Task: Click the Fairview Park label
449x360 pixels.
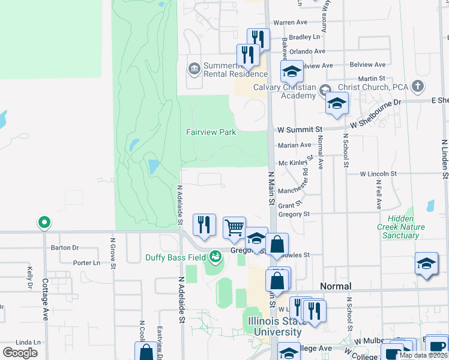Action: coord(211,132)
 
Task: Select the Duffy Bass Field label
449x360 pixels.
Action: coord(175,258)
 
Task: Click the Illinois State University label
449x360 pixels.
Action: coord(276,327)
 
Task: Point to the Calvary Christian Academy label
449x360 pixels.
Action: coord(285,92)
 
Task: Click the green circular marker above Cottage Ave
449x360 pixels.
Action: coord(44,223)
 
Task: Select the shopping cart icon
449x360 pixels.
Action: coord(234,227)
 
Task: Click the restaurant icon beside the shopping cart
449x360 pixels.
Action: coord(204,224)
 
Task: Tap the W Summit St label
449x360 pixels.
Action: coord(300,130)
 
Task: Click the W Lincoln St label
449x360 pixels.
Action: coord(379,174)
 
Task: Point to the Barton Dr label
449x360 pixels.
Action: coord(65,247)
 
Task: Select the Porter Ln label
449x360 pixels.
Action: coord(86,263)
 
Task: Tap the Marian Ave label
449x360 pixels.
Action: coord(294,145)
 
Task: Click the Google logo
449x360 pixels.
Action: coord(20,353)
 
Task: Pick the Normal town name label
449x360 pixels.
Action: coord(336,286)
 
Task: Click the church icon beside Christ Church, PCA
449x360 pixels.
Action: coord(418,87)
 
